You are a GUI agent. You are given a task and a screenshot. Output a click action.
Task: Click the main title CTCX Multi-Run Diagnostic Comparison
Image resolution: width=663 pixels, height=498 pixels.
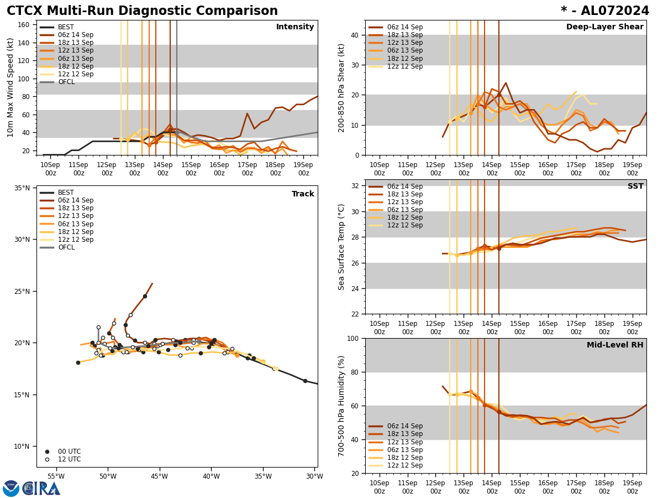click(142, 11)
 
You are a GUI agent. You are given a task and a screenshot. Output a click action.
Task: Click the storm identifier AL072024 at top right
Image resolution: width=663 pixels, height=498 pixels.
click(605, 11)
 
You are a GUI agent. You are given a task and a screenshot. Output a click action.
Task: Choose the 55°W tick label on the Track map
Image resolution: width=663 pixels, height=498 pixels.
click(56, 476)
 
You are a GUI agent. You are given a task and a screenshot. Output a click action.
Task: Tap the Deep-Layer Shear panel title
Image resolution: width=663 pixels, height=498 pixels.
click(604, 27)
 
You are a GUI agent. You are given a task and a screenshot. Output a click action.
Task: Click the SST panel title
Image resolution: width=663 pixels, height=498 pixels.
click(635, 186)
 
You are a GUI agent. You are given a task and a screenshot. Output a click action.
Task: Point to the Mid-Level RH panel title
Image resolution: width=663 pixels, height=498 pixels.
click(615, 345)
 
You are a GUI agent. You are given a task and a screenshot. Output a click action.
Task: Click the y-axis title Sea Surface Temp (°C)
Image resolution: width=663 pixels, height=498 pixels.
click(342, 247)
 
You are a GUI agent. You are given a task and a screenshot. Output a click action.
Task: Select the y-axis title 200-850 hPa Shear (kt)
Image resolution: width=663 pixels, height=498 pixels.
click(342, 87)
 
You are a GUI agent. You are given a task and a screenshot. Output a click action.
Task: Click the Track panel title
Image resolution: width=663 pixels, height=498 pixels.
click(303, 194)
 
